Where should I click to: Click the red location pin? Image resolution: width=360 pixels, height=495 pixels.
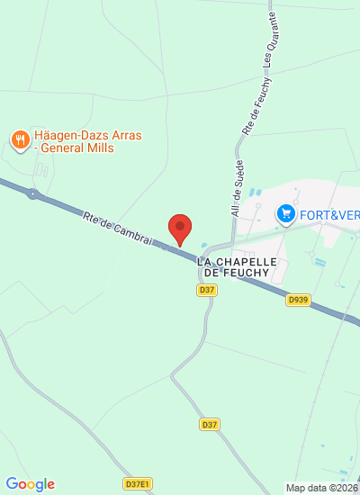pos(181,229)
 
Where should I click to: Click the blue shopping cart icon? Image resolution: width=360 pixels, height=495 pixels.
pos(286,213)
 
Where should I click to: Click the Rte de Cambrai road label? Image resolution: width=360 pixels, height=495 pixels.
pos(117,229)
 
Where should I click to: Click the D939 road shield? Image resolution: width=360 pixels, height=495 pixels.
pos(299,300)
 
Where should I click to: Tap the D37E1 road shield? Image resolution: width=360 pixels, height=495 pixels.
pos(137,483)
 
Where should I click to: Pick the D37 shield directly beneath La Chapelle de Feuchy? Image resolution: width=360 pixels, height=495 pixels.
pos(207,290)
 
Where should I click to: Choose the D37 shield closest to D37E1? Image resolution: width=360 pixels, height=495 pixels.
pos(210,424)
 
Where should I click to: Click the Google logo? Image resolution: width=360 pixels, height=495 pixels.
pos(30,484)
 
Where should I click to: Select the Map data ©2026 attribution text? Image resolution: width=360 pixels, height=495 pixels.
pos(321,488)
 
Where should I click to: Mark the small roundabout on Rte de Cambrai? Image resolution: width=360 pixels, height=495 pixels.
pos(33,193)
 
